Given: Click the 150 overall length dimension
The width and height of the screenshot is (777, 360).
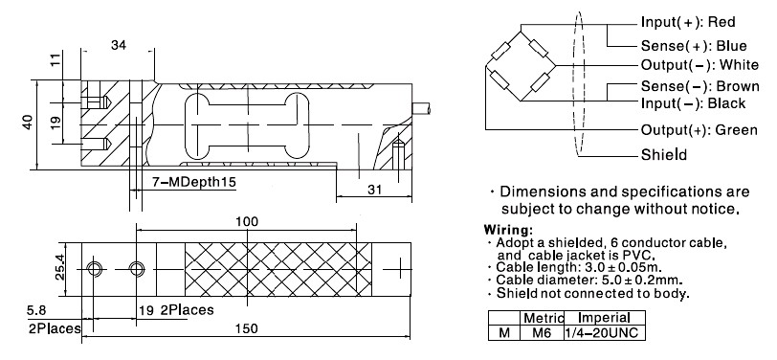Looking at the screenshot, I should [x=248, y=328].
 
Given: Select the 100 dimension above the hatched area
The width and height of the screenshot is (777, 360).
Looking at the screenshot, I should [x=247, y=221].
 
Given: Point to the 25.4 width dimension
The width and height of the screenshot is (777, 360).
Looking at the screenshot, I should [x=60, y=267].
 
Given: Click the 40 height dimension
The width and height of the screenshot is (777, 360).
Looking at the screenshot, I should [x=28, y=122].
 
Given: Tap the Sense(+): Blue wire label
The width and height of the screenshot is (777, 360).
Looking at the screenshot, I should [x=680, y=46].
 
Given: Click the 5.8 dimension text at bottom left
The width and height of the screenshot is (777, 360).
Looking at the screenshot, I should [x=36, y=310].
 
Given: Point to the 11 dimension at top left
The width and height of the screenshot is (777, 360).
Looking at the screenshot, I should [x=55, y=61].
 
